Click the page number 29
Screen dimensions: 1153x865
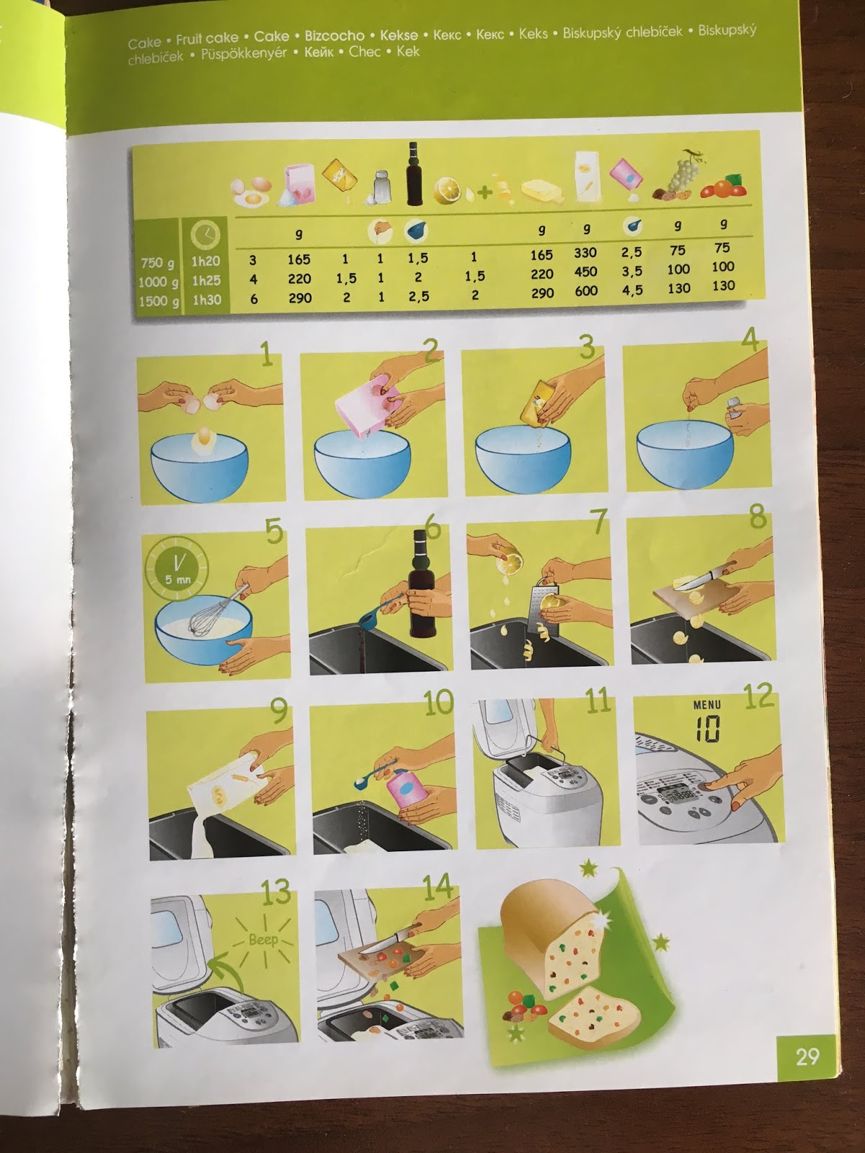pyautogui.click(x=807, y=1056)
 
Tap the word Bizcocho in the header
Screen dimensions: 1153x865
pyautogui.click(x=334, y=35)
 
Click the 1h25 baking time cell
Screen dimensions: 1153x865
pyautogui.click(x=206, y=280)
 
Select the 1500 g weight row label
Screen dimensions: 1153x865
pyautogui.click(x=158, y=301)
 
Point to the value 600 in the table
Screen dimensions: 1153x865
pyautogui.click(x=586, y=290)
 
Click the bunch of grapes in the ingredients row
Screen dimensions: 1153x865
pyautogui.click(x=679, y=172)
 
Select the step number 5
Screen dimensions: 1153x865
pyautogui.click(x=273, y=531)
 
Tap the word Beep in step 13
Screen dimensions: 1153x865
pyautogui.click(x=262, y=940)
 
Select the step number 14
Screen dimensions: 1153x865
pyautogui.click(x=436, y=888)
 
